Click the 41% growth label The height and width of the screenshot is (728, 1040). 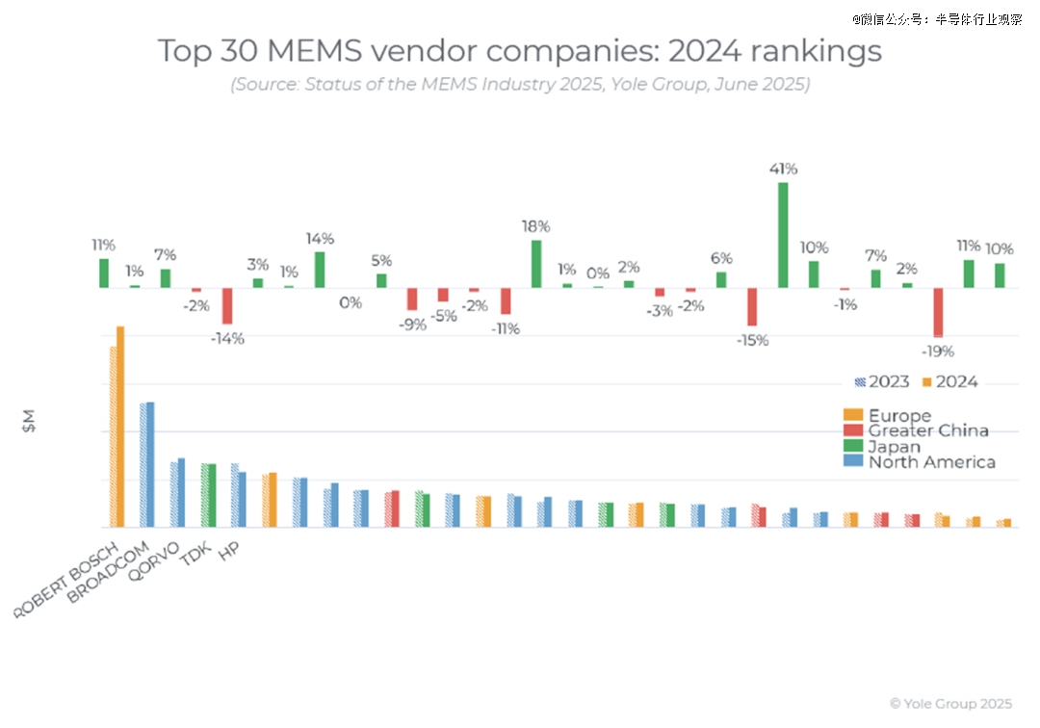(783, 169)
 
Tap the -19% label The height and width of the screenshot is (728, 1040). (937, 351)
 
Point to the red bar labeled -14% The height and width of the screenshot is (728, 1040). (228, 306)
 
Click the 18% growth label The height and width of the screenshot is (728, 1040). (536, 226)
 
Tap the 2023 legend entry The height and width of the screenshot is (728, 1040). (882, 382)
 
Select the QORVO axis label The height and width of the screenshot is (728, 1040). (163, 560)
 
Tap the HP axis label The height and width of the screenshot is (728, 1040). (229, 551)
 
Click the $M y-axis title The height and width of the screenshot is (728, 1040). (29, 421)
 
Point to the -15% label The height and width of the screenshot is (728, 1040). (751, 341)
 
